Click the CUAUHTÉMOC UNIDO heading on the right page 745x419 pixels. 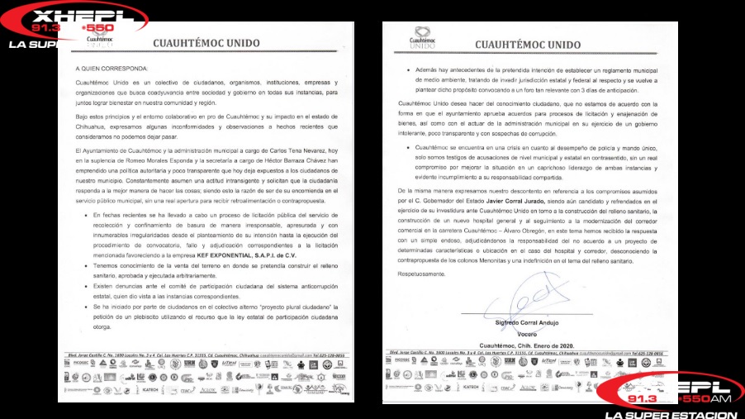pos(528,45)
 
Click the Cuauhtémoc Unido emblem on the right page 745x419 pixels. pos(421,37)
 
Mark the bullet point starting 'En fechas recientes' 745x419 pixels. pos(86,213)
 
